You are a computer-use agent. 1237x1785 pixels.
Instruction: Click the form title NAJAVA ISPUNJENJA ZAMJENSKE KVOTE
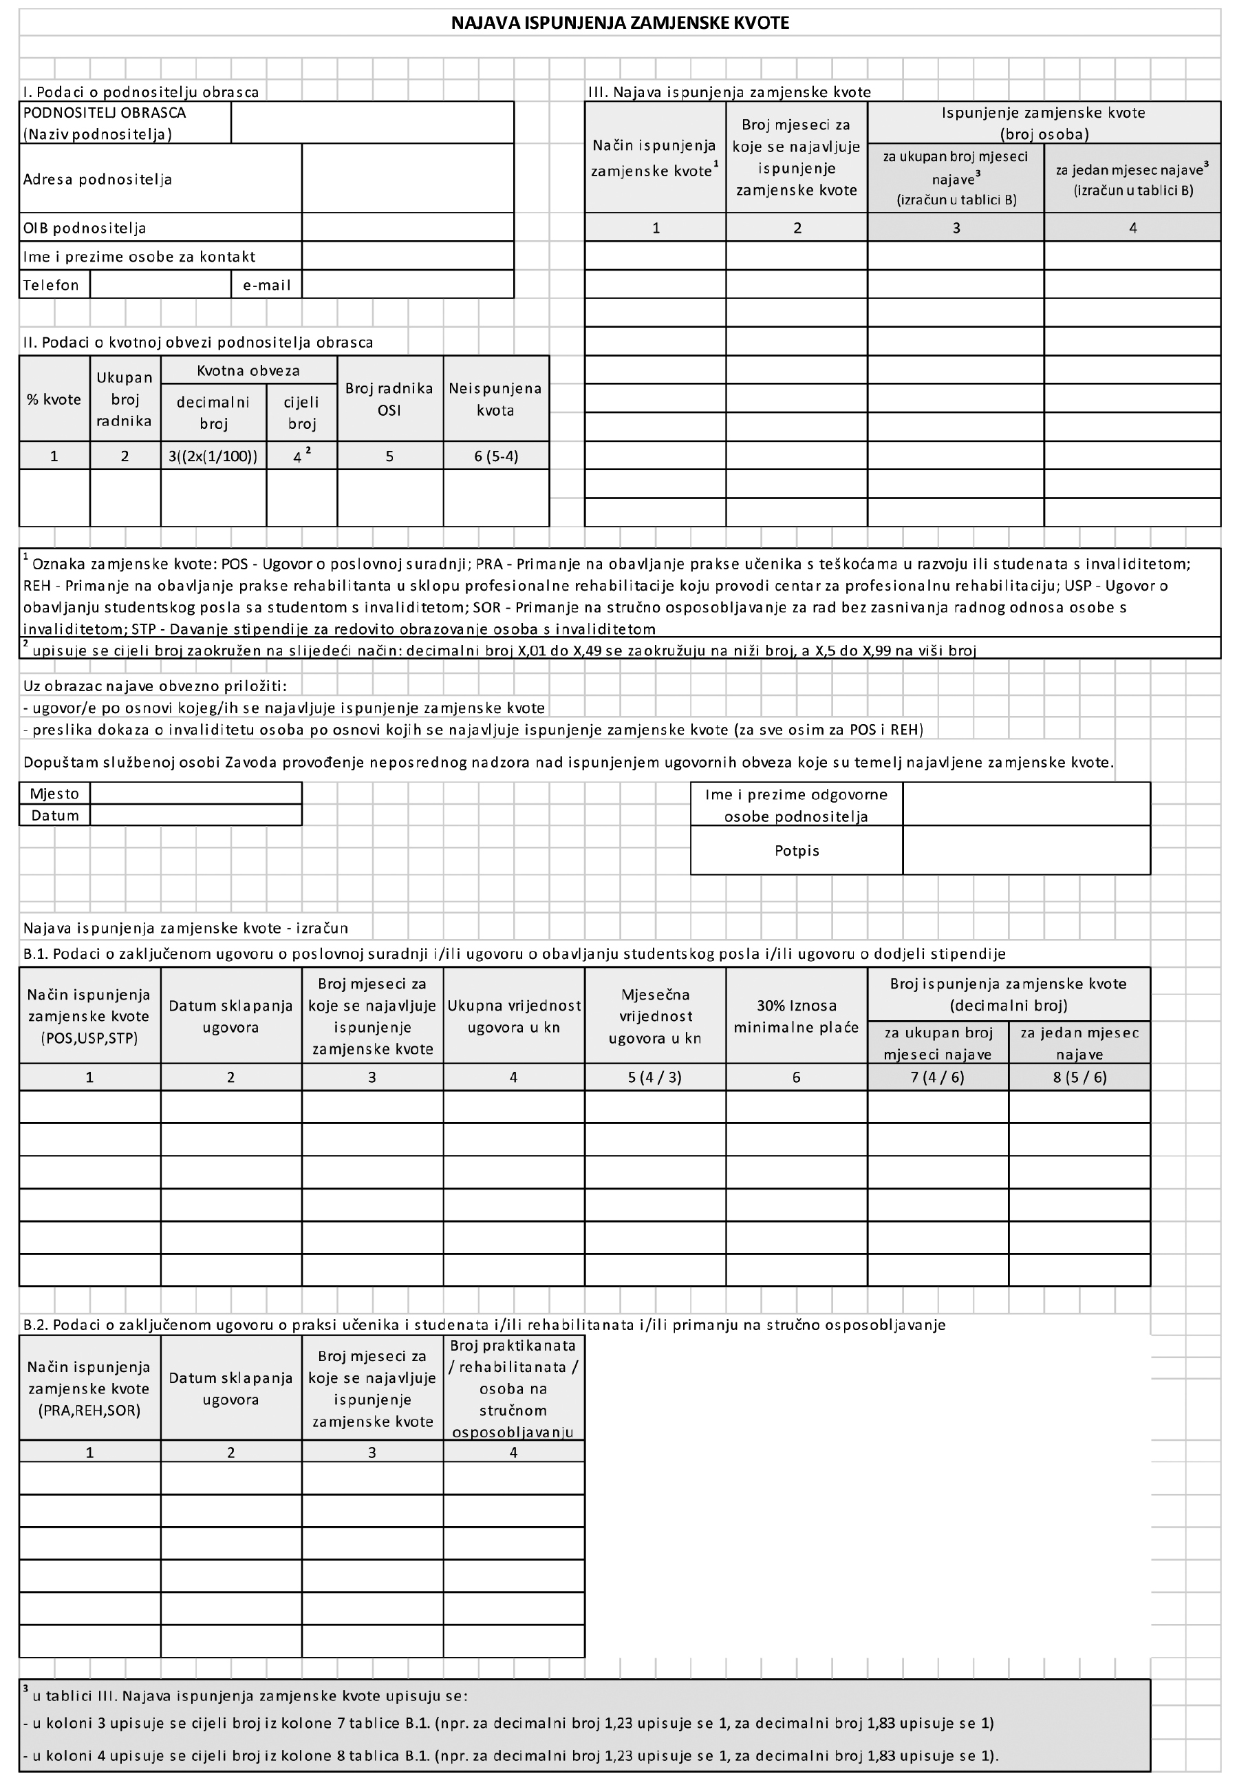click(x=619, y=23)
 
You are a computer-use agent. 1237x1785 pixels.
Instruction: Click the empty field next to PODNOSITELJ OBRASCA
click(x=372, y=123)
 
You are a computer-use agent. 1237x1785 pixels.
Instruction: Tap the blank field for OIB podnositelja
click(x=408, y=227)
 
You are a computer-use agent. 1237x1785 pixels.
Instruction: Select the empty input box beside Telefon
click(x=160, y=284)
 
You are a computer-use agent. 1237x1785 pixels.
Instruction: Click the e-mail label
click(x=267, y=284)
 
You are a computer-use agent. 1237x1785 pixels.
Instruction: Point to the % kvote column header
click(x=54, y=399)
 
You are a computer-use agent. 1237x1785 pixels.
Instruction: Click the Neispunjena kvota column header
click(x=495, y=399)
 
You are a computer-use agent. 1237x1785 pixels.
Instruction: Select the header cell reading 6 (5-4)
click(x=495, y=456)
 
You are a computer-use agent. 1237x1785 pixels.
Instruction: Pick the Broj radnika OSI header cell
click(x=389, y=399)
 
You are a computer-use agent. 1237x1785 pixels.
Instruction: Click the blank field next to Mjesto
click(x=195, y=793)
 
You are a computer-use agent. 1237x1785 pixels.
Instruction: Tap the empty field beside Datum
click(x=195, y=815)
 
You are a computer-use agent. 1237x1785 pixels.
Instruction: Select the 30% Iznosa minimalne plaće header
click(x=796, y=1017)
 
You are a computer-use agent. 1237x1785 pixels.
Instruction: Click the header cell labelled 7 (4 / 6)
click(x=937, y=1077)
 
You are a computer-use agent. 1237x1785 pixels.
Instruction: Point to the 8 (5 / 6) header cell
click(x=1079, y=1077)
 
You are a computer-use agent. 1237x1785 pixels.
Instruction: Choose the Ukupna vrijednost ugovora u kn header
click(x=513, y=1017)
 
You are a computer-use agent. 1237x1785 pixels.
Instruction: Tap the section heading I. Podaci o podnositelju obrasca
click(x=140, y=92)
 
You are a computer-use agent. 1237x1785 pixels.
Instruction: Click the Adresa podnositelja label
click(x=98, y=179)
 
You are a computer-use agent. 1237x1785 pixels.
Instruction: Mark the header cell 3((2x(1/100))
click(x=213, y=456)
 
